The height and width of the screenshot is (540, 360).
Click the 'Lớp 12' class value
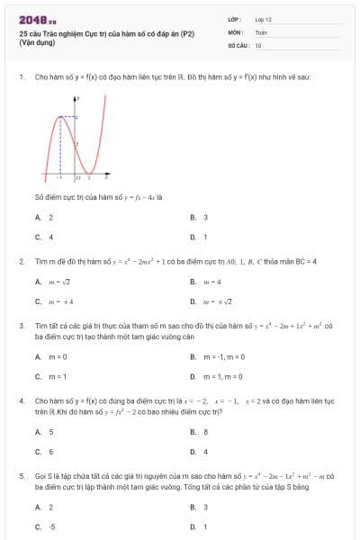tap(264, 18)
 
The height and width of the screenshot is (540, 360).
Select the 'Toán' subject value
tap(261, 31)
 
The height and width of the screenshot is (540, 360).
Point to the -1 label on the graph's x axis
tap(58, 178)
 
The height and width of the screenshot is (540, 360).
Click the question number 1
tap(20, 78)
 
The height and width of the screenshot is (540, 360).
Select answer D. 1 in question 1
tap(199, 237)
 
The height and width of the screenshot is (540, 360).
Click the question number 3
tap(20, 326)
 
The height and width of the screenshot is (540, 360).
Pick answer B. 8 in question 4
tap(199, 431)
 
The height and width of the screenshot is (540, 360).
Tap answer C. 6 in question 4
tap(44, 451)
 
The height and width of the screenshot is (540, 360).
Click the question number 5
tap(20, 474)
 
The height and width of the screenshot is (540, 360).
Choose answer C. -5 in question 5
tap(45, 526)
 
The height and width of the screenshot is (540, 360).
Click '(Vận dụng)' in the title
tap(37, 42)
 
